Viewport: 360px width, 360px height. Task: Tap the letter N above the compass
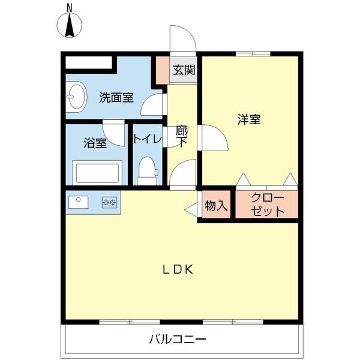[x=70, y=7]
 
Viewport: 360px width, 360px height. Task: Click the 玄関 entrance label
[x=184, y=69]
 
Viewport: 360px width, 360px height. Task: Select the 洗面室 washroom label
[x=116, y=97]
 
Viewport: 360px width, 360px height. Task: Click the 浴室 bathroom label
[x=95, y=143]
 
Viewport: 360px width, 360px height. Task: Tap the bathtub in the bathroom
[x=97, y=172]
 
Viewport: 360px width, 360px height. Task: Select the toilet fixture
[x=146, y=170]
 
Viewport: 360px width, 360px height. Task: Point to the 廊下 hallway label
[x=182, y=136]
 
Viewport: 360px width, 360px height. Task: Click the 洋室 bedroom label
[x=248, y=119]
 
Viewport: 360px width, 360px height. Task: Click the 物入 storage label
[x=216, y=206]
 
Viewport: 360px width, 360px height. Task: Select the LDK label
[x=178, y=269]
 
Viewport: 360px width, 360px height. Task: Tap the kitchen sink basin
[x=78, y=202]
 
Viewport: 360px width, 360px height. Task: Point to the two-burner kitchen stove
[x=109, y=203]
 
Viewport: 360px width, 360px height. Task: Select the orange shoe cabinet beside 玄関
[x=162, y=69]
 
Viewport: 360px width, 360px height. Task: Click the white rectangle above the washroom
[x=89, y=62]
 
